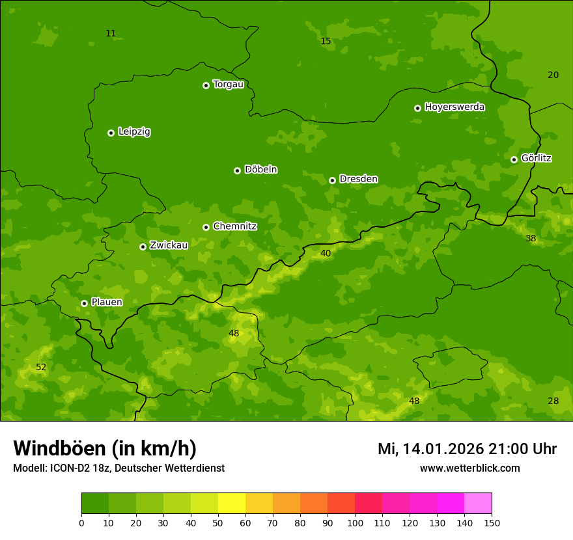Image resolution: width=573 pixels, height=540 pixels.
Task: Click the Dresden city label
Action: point(358,179)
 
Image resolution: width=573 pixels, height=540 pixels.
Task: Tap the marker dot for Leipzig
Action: point(111,133)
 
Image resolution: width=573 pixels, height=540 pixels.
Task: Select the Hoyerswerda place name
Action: point(454,107)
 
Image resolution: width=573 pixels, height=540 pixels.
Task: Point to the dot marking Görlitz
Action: point(514,159)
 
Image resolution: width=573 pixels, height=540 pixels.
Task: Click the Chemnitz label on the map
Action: point(234,226)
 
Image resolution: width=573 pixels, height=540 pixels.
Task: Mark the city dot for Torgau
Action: point(206,85)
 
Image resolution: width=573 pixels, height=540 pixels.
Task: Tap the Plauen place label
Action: point(107,302)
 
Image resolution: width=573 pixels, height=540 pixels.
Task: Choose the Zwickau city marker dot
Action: point(143,247)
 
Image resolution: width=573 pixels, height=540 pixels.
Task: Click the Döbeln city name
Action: point(260,169)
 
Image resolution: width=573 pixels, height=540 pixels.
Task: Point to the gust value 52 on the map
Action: point(41,367)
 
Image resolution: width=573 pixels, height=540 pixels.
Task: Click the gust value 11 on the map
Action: point(111,33)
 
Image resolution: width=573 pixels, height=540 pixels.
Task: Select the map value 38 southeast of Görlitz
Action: point(531,238)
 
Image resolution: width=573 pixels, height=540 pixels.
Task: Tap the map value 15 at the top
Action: point(326,41)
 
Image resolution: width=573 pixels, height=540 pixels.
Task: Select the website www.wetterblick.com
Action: point(469,468)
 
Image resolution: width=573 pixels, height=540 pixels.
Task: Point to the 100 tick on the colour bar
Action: point(355,522)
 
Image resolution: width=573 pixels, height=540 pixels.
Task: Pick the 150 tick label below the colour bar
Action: point(492,522)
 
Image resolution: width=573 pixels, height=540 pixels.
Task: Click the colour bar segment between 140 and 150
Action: point(478,503)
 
